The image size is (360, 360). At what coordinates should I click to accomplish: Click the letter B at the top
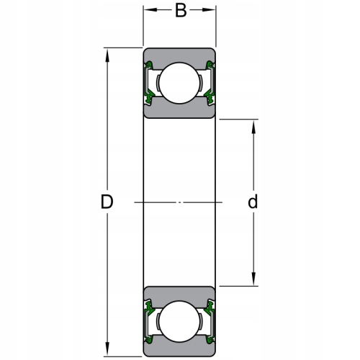click(x=181, y=11)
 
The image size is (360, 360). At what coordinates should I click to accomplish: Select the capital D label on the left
click(x=107, y=202)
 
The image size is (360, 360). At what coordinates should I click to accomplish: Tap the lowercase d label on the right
click(x=253, y=202)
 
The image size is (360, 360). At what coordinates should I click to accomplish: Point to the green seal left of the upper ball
click(x=150, y=83)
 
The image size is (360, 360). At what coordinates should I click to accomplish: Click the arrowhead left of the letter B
click(x=149, y=10)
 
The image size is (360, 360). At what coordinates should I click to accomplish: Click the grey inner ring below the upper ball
click(x=179, y=111)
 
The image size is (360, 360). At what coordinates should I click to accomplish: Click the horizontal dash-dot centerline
click(x=180, y=202)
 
